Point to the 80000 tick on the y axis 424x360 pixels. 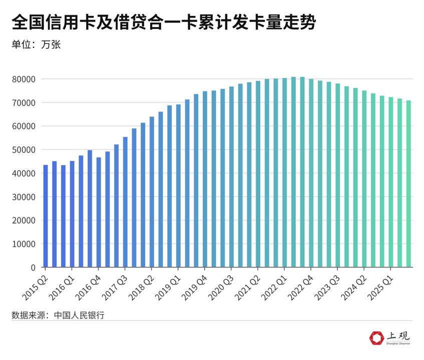click(x=25, y=79)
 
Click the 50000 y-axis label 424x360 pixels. click(x=25, y=149)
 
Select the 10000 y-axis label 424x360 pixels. click(x=25, y=244)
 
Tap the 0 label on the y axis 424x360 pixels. click(x=33, y=267)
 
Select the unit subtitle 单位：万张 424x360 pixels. click(x=36, y=44)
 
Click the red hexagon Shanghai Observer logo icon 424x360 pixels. click(x=376, y=338)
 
